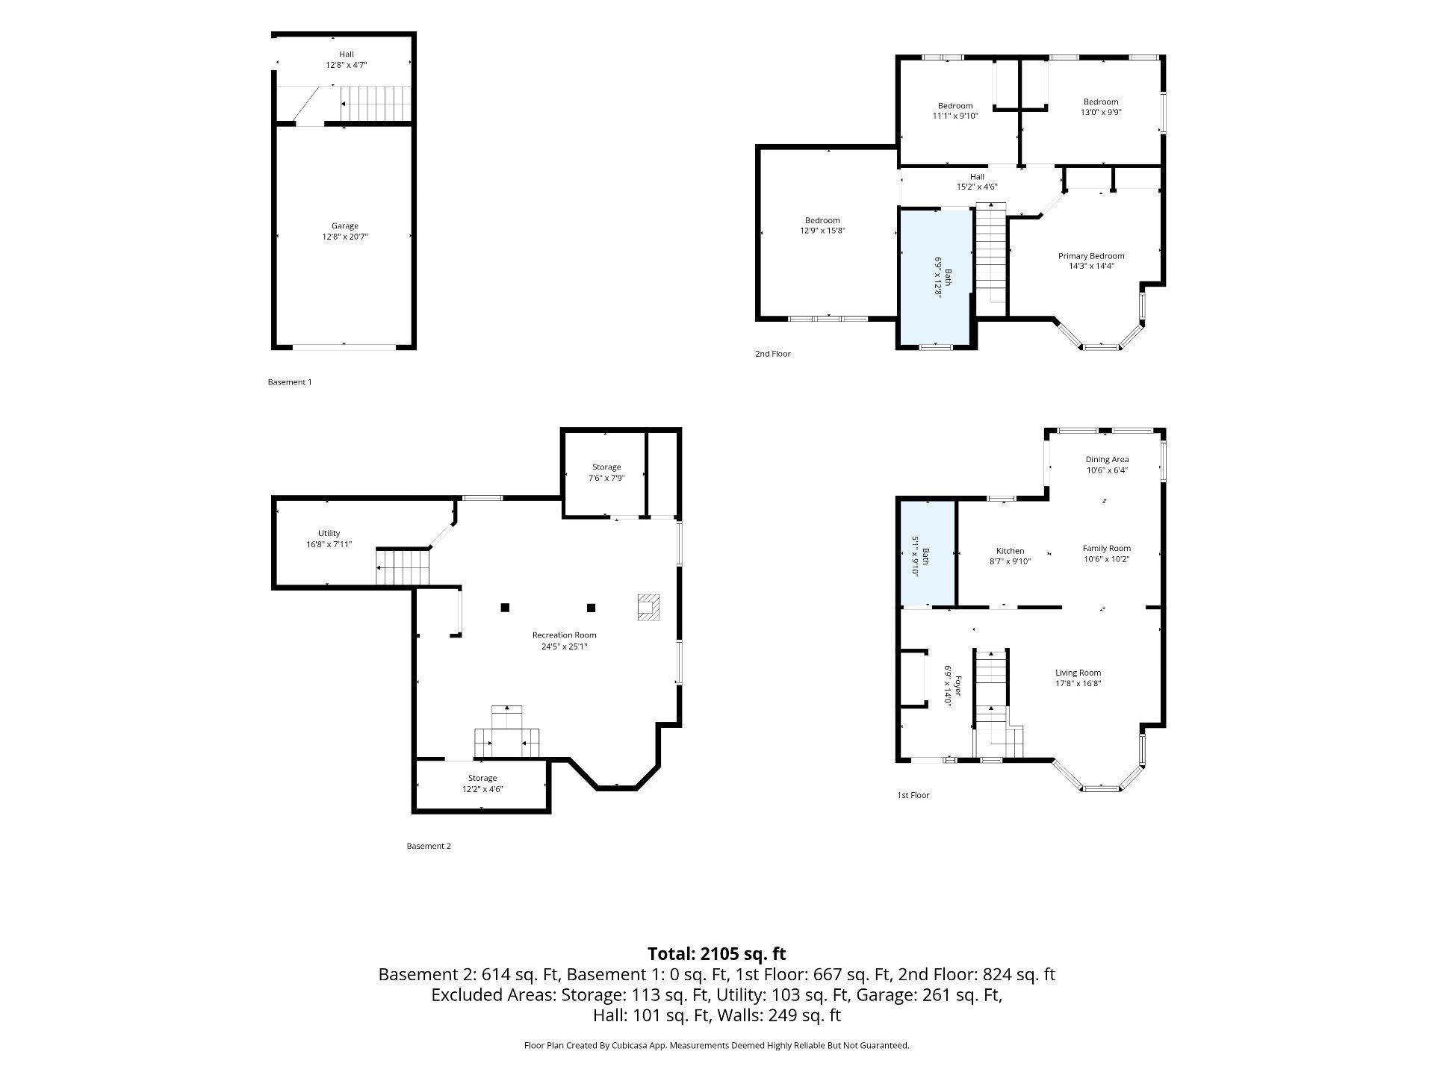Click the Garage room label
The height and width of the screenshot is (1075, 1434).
click(x=345, y=226)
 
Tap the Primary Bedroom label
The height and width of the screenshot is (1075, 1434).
click(x=1091, y=256)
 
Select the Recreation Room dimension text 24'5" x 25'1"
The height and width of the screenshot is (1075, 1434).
click(x=564, y=646)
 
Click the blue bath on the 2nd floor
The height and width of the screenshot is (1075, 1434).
click(x=936, y=277)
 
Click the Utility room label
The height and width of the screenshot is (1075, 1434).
click(x=329, y=533)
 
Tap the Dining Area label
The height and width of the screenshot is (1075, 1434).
click(x=1107, y=460)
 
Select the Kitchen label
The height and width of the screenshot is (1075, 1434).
click(x=1011, y=551)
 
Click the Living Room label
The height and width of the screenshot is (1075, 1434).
click(x=1078, y=673)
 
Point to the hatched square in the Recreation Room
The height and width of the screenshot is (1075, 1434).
click(x=649, y=607)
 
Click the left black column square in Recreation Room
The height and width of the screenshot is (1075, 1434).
click(x=506, y=607)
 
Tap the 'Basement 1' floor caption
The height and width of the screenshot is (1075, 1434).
click(x=290, y=382)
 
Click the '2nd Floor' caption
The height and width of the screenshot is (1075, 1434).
click(x=773, y=354)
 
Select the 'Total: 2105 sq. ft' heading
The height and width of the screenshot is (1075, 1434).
click(x=717, y=953)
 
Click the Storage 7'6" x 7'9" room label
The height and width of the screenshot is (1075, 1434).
click(x=606, y=467)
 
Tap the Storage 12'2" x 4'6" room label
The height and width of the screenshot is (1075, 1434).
click(x=482, y=779)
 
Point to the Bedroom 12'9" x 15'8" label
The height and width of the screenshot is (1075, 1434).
click(x=822, y=220)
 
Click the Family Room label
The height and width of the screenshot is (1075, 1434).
click(x=1107, y=549)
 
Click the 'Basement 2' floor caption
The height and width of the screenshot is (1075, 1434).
click(x=429, y=847)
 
